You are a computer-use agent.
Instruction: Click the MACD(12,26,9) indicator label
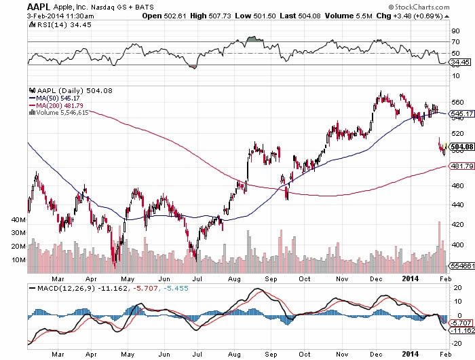(59, 289)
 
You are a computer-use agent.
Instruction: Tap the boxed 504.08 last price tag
(461, 147)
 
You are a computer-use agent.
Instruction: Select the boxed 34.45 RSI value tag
(459, 62)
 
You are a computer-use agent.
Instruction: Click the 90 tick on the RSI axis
(454, 31)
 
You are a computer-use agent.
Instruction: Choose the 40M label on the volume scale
(18, 220)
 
